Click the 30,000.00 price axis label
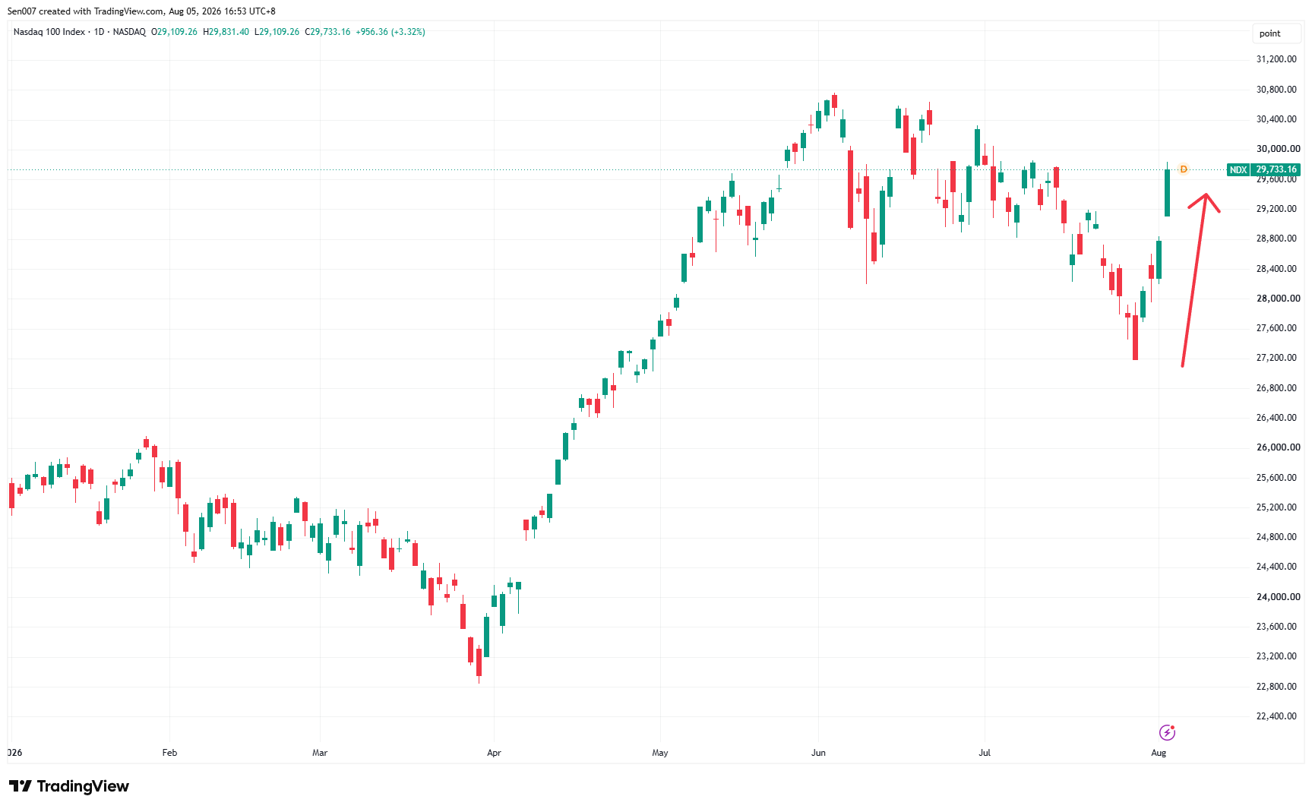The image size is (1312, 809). coord(1276,149)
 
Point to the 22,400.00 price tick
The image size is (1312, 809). coord(1276,716)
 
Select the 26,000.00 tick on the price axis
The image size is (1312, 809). coord(1276,447)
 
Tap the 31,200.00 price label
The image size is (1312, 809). coord(1276,59)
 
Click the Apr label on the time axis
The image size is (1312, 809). coord(494,753)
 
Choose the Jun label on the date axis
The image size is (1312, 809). coord(818,753)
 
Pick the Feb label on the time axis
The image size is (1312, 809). coord(169,753)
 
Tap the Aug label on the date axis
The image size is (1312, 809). coord(1159,753)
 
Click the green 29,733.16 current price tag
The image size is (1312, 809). coord(1276,169)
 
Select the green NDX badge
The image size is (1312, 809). coord(1238,169)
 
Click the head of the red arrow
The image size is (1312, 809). coord(1206,195)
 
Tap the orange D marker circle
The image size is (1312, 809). coord(1183,169)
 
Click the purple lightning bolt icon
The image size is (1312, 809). coord(1167,732)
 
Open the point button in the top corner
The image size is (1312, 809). coord(1270,33)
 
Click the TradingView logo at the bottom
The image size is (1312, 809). coord(69,786)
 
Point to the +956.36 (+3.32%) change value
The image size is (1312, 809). coord(390,32)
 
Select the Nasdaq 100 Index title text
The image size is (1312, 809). coord(49,32)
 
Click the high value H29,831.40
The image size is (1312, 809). coord(226,32)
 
